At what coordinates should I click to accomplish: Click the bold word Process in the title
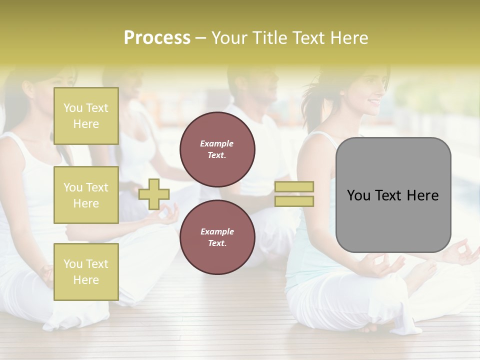click(157, 37)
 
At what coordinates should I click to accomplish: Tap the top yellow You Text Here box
click(86, 116)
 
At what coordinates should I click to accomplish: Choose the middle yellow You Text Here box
click(86, 195)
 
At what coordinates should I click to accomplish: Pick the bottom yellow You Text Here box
click(86, 271)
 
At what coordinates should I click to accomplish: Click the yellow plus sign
click(154, 194)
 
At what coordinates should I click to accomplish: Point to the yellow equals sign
click(294, 194)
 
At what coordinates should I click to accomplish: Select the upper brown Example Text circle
click(217, 149)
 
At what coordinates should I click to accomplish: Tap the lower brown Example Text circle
click(217, 237)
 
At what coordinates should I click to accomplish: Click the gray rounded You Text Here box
click(393, 195)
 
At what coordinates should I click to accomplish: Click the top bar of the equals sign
click(294, 187)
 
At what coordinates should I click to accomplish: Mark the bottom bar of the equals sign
click(294, 201)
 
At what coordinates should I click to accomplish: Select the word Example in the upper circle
click(216, 143)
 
